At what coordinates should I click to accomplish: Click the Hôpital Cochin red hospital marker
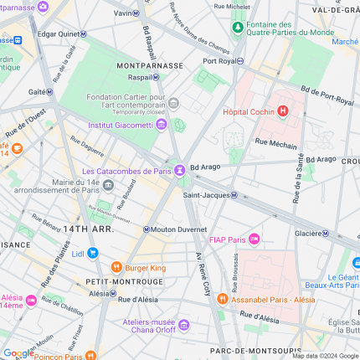point(283,111)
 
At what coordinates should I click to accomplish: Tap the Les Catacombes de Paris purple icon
point(180,172)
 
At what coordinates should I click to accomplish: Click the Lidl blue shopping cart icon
point(93,253)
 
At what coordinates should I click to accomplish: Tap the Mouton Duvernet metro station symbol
point(147,229)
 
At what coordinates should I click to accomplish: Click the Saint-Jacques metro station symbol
point(234,196)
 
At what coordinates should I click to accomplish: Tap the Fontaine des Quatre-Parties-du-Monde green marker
point(239,28)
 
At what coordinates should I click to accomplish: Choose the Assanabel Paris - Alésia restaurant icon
point(222,298)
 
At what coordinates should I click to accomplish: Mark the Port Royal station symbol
point(241,61)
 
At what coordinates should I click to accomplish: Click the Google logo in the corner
point(18,353)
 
